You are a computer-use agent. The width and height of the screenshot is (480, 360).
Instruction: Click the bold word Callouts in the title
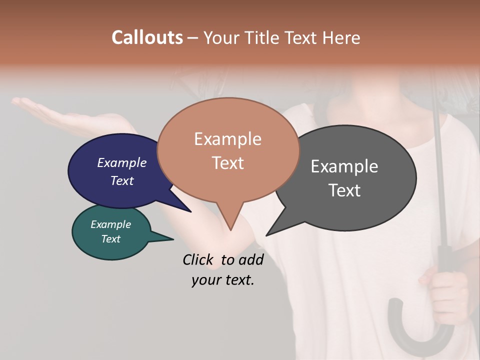(147, 37)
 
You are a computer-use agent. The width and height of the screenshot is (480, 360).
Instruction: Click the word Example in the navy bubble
(121, 162)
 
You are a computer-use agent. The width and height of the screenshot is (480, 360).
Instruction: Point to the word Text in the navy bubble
(121, 180)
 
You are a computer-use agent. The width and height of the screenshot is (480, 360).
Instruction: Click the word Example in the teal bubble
(110, 224)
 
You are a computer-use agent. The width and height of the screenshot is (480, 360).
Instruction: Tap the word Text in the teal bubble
(110, 239)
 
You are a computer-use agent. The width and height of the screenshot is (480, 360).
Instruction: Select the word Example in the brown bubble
(227, 139)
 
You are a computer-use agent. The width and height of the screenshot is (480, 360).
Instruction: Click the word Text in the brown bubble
(227, 163)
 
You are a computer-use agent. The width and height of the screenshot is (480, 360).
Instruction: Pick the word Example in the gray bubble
(344, 166)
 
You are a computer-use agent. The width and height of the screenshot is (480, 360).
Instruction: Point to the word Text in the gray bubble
(344, 190)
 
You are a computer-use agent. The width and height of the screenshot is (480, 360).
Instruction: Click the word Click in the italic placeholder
(200, 259)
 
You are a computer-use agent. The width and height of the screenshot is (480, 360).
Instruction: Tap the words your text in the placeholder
(222, 280)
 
